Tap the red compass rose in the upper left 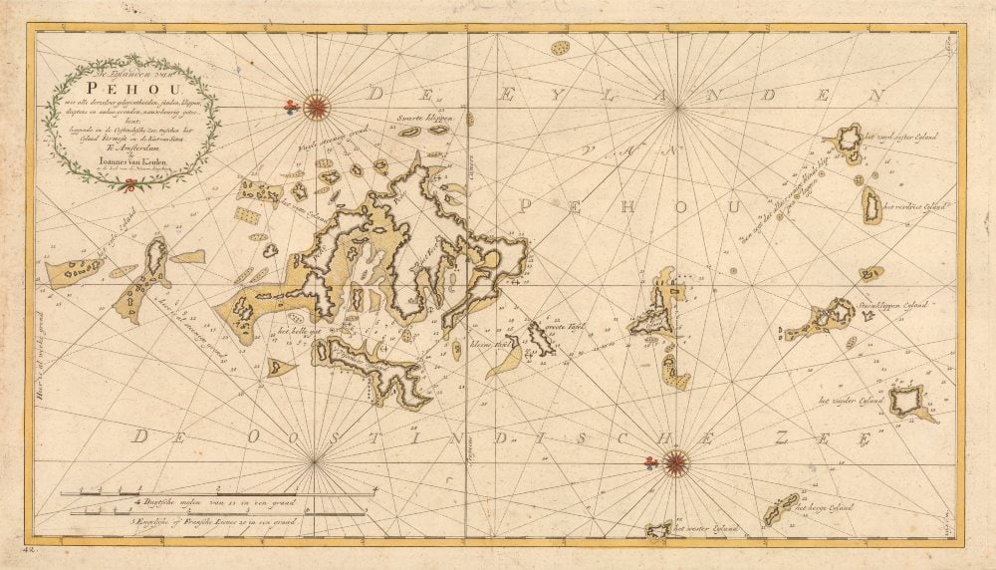coord(316,105)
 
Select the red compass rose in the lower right coord(675,460)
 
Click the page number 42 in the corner coord(35,548)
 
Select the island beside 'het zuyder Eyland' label coord(907,402)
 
